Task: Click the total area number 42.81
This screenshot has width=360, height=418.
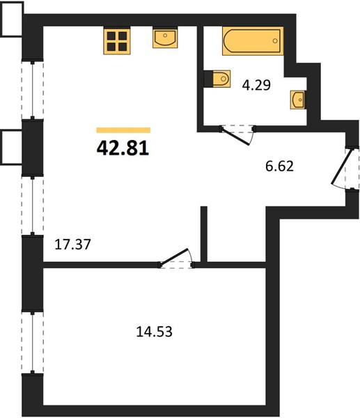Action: (x=123, y=148)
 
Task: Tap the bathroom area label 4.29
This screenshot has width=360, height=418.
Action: (x=256, y=85)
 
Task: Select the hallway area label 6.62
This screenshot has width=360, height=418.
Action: (x=279, y=166)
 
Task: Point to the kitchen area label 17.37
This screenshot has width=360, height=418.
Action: (x=72, y=245)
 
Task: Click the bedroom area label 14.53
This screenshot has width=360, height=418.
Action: (x=155, y=332)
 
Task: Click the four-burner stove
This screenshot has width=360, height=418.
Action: (x=117, y=41)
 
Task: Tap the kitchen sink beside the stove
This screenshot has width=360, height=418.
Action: (x=165, y=38)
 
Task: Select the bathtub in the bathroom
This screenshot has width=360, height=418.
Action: (x=253, y=41)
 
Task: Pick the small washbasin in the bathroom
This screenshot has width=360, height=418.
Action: (x=298, y=100)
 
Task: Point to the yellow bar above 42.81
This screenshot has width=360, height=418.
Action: (x=123, y=130)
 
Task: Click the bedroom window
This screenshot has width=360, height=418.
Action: (x=33, y=343)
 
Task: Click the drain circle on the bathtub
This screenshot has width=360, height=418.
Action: (x=275, y=41)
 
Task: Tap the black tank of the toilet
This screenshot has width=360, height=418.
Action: (x=208, y=79)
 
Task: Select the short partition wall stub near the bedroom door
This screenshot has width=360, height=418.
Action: (x=204, y=234)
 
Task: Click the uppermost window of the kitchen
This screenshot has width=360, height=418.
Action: (x=33, y=90)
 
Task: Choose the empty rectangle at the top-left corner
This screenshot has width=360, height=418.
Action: (x=11, y=19)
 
